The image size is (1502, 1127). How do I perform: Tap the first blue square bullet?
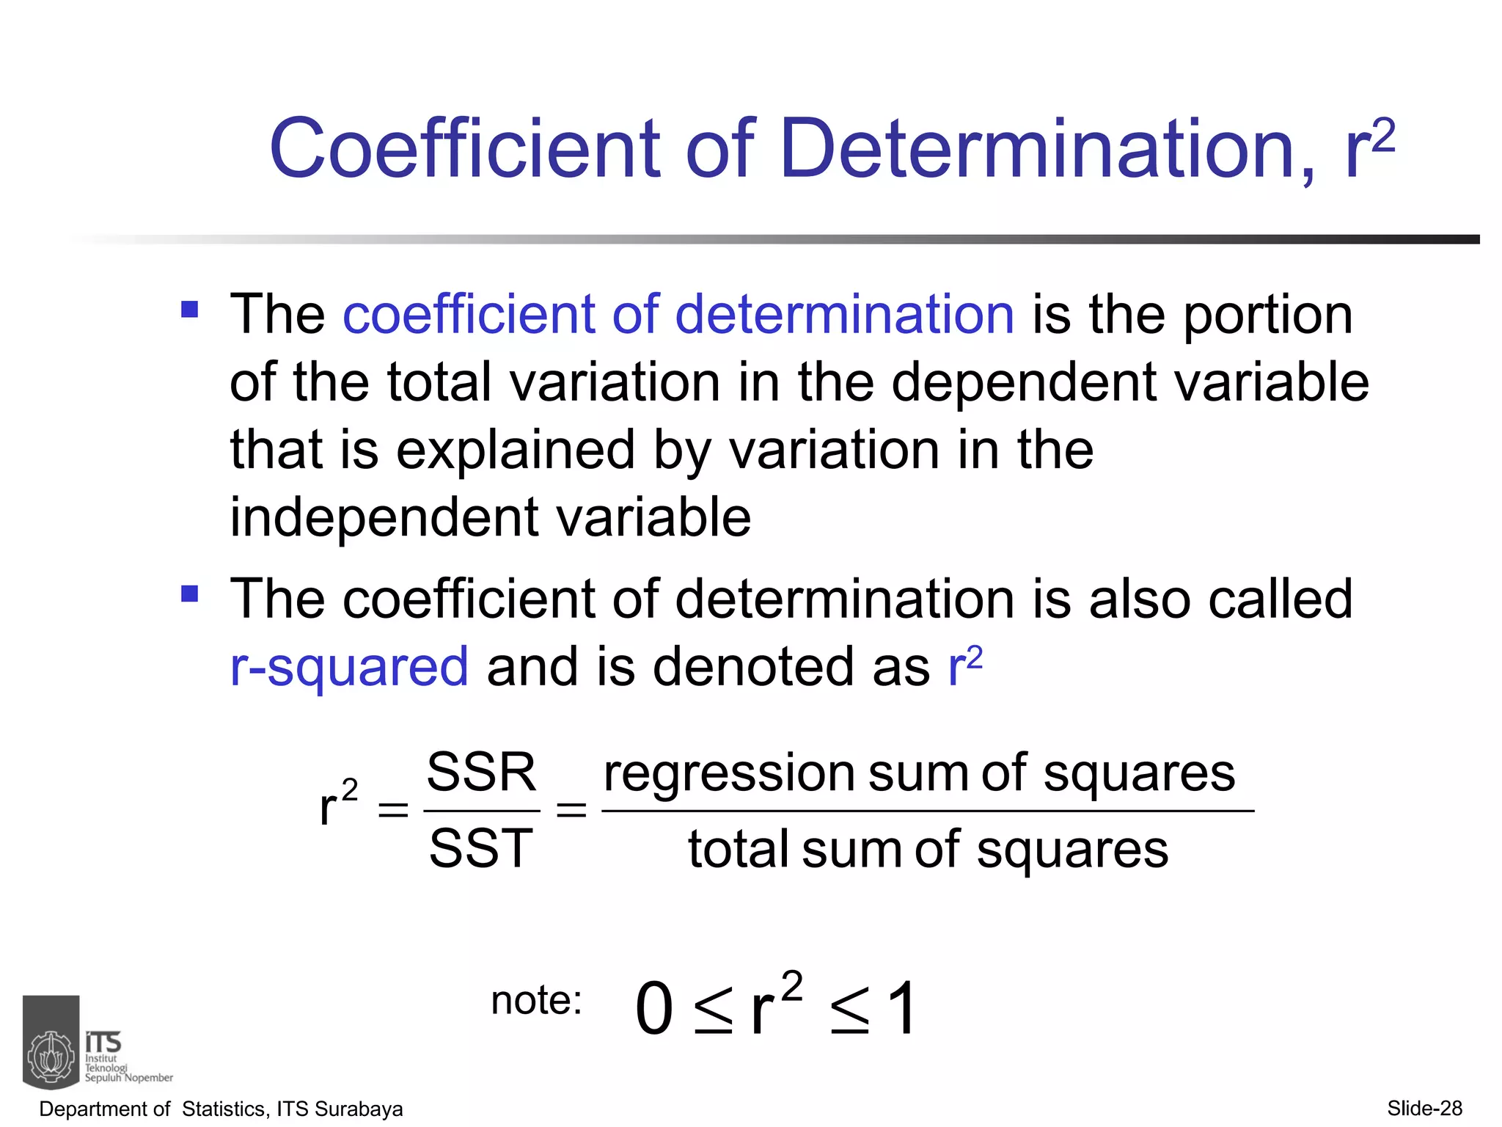[x=189, y=308]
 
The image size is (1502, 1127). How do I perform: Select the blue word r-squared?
[x=349, y=668]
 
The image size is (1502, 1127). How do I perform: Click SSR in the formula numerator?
[x=481, y=773]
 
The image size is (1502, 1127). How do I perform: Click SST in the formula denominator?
[x=481, y=849]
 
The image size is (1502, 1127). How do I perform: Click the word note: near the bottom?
[x=537, y=1000]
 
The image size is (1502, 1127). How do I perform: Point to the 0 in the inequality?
[x=654, y=1010]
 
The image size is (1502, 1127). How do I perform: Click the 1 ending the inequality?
[x=901, y=1010]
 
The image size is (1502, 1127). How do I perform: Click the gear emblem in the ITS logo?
[x=51, y=1057]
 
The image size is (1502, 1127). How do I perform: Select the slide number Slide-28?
[x=1424, y=1108]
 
